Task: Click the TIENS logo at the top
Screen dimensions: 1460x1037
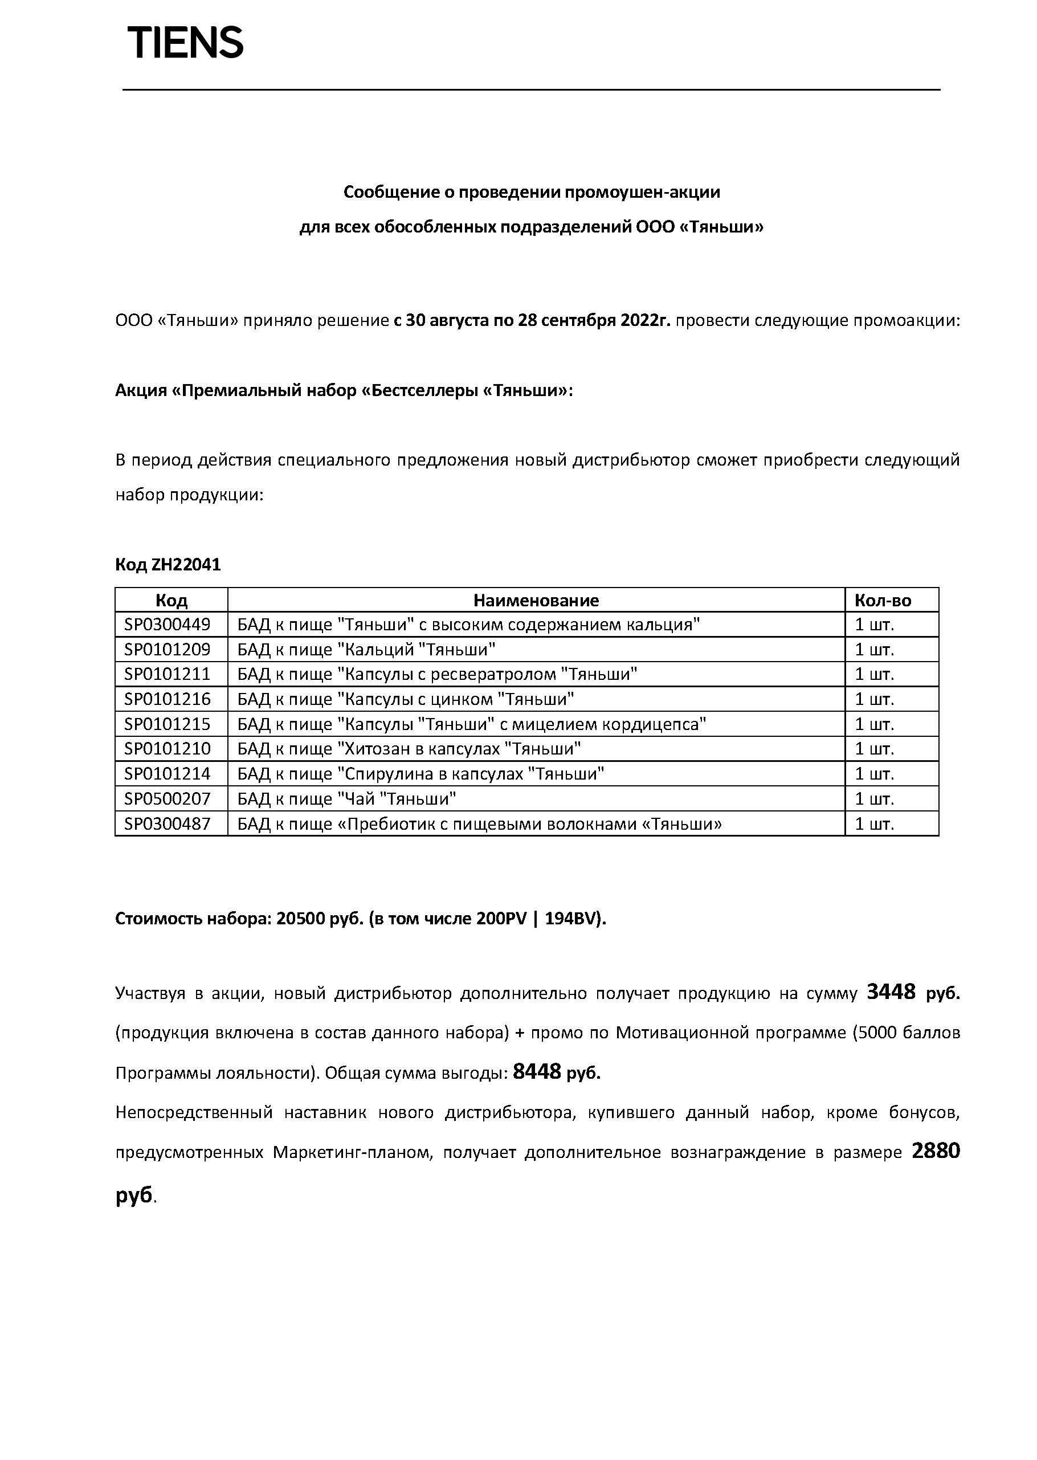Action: coord(185,43)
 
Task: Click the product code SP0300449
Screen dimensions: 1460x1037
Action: coord(168,624)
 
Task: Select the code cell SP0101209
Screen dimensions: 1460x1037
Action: coord(168,649)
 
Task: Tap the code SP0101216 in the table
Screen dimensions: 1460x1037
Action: coord(168,699)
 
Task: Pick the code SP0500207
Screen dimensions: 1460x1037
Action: coord(168,798)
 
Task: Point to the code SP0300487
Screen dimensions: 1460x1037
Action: coord(168,823)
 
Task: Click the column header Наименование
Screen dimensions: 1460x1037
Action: coord(536,600)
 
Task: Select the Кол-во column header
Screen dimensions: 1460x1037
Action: coord(883,600)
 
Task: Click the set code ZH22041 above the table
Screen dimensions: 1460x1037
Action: coord(186,565)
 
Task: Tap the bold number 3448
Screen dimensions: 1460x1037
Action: coord(891,992)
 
